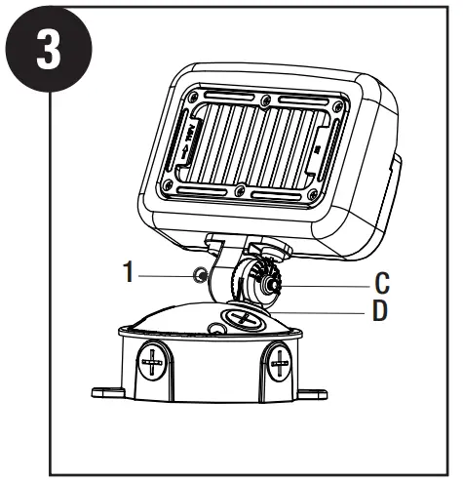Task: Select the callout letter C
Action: pyautogui.click(x=382, y=284)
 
